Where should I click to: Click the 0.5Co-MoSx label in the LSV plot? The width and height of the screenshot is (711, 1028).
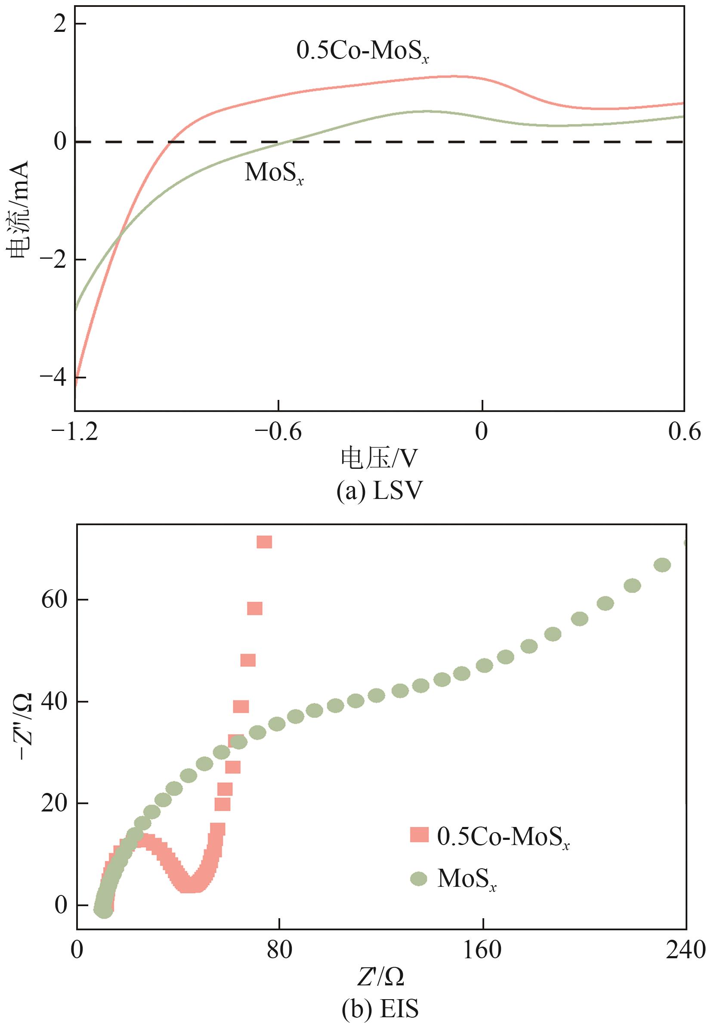pyautogui.click(x=362, y=52)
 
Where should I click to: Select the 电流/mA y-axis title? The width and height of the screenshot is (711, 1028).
pyautogui.click(x=19, y=211)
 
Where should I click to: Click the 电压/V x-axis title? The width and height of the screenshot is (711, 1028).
pyautogui.click(x=380, y=458)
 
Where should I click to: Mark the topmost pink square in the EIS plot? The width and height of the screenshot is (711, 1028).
pyautogui.click(x=264, y=542)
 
